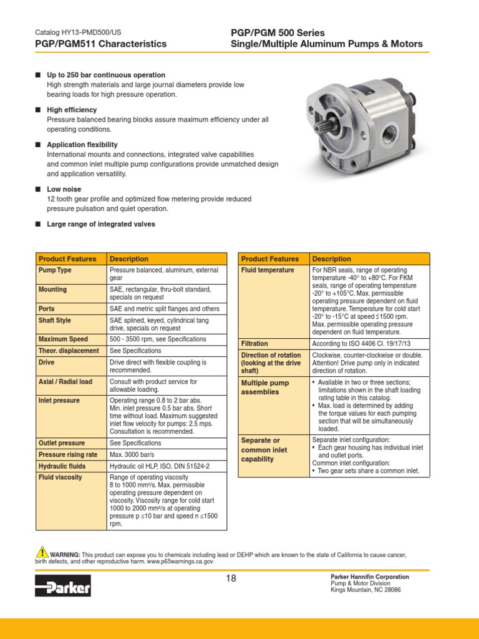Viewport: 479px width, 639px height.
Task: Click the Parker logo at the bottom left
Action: point(63,586)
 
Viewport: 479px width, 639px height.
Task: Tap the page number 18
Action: point(231,578)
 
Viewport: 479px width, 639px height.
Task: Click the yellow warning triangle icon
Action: point(42,552)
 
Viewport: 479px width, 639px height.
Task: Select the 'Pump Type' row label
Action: point(56,270)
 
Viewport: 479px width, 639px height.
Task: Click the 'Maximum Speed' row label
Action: point(64,339)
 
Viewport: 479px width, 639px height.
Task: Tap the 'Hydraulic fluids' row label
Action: point(62,466)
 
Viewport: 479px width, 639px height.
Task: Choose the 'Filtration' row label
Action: point(254,344)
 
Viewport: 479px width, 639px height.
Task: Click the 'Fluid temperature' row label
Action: point(268,270)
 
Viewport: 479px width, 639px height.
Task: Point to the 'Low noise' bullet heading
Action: point(64,189)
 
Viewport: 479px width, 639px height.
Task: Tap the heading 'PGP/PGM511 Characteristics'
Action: point(100,44)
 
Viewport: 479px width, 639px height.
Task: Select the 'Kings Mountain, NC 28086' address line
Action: point(365,590)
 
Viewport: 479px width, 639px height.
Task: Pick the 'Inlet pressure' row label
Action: point(59,401)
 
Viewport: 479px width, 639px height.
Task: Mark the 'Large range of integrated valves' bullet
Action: point(101,224)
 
